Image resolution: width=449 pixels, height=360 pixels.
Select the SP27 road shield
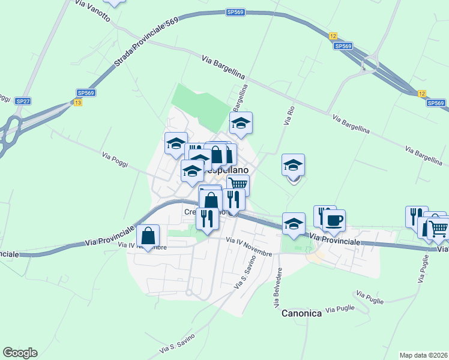[x=23, y=101]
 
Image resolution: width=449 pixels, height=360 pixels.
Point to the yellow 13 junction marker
[x=78, y=103]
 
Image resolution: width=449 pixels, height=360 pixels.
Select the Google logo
[x=20, y=353]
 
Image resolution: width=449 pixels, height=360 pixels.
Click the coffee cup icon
[x=334, y=220]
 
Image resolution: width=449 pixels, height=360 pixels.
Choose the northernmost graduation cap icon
[x=241, y=123]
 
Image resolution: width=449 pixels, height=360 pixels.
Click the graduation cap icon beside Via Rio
[x=294, y=165]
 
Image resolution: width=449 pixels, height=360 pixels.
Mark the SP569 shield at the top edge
[x=235, y=12]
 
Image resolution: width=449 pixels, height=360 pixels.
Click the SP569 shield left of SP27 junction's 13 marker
[x=86, y=93]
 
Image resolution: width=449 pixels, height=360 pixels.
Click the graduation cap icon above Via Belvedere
[x=294, y=224]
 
